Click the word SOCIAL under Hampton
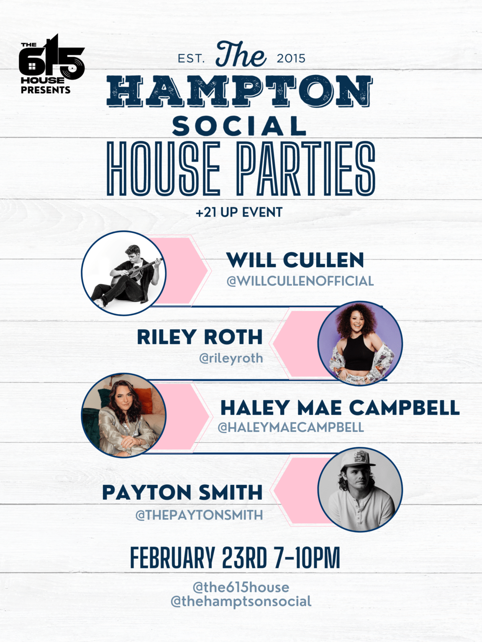pos(239,126)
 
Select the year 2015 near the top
pos(291,59)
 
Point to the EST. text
pos(191,59)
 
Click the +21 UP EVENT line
pos(239,212)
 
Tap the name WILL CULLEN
pos(295,260)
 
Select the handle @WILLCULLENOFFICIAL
pos(300,281)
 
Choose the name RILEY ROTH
pos(200,337)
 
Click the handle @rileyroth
pos(231,358)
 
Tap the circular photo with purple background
pos(360,344)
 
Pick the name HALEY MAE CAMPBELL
pos(340,408)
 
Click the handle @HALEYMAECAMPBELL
pos(291,427)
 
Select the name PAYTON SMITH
pos(182,492)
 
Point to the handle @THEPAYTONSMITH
pos(199,515)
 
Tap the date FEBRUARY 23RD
pos(198,558)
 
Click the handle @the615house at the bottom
pos(241,587)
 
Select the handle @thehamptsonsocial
pos(241,601)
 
